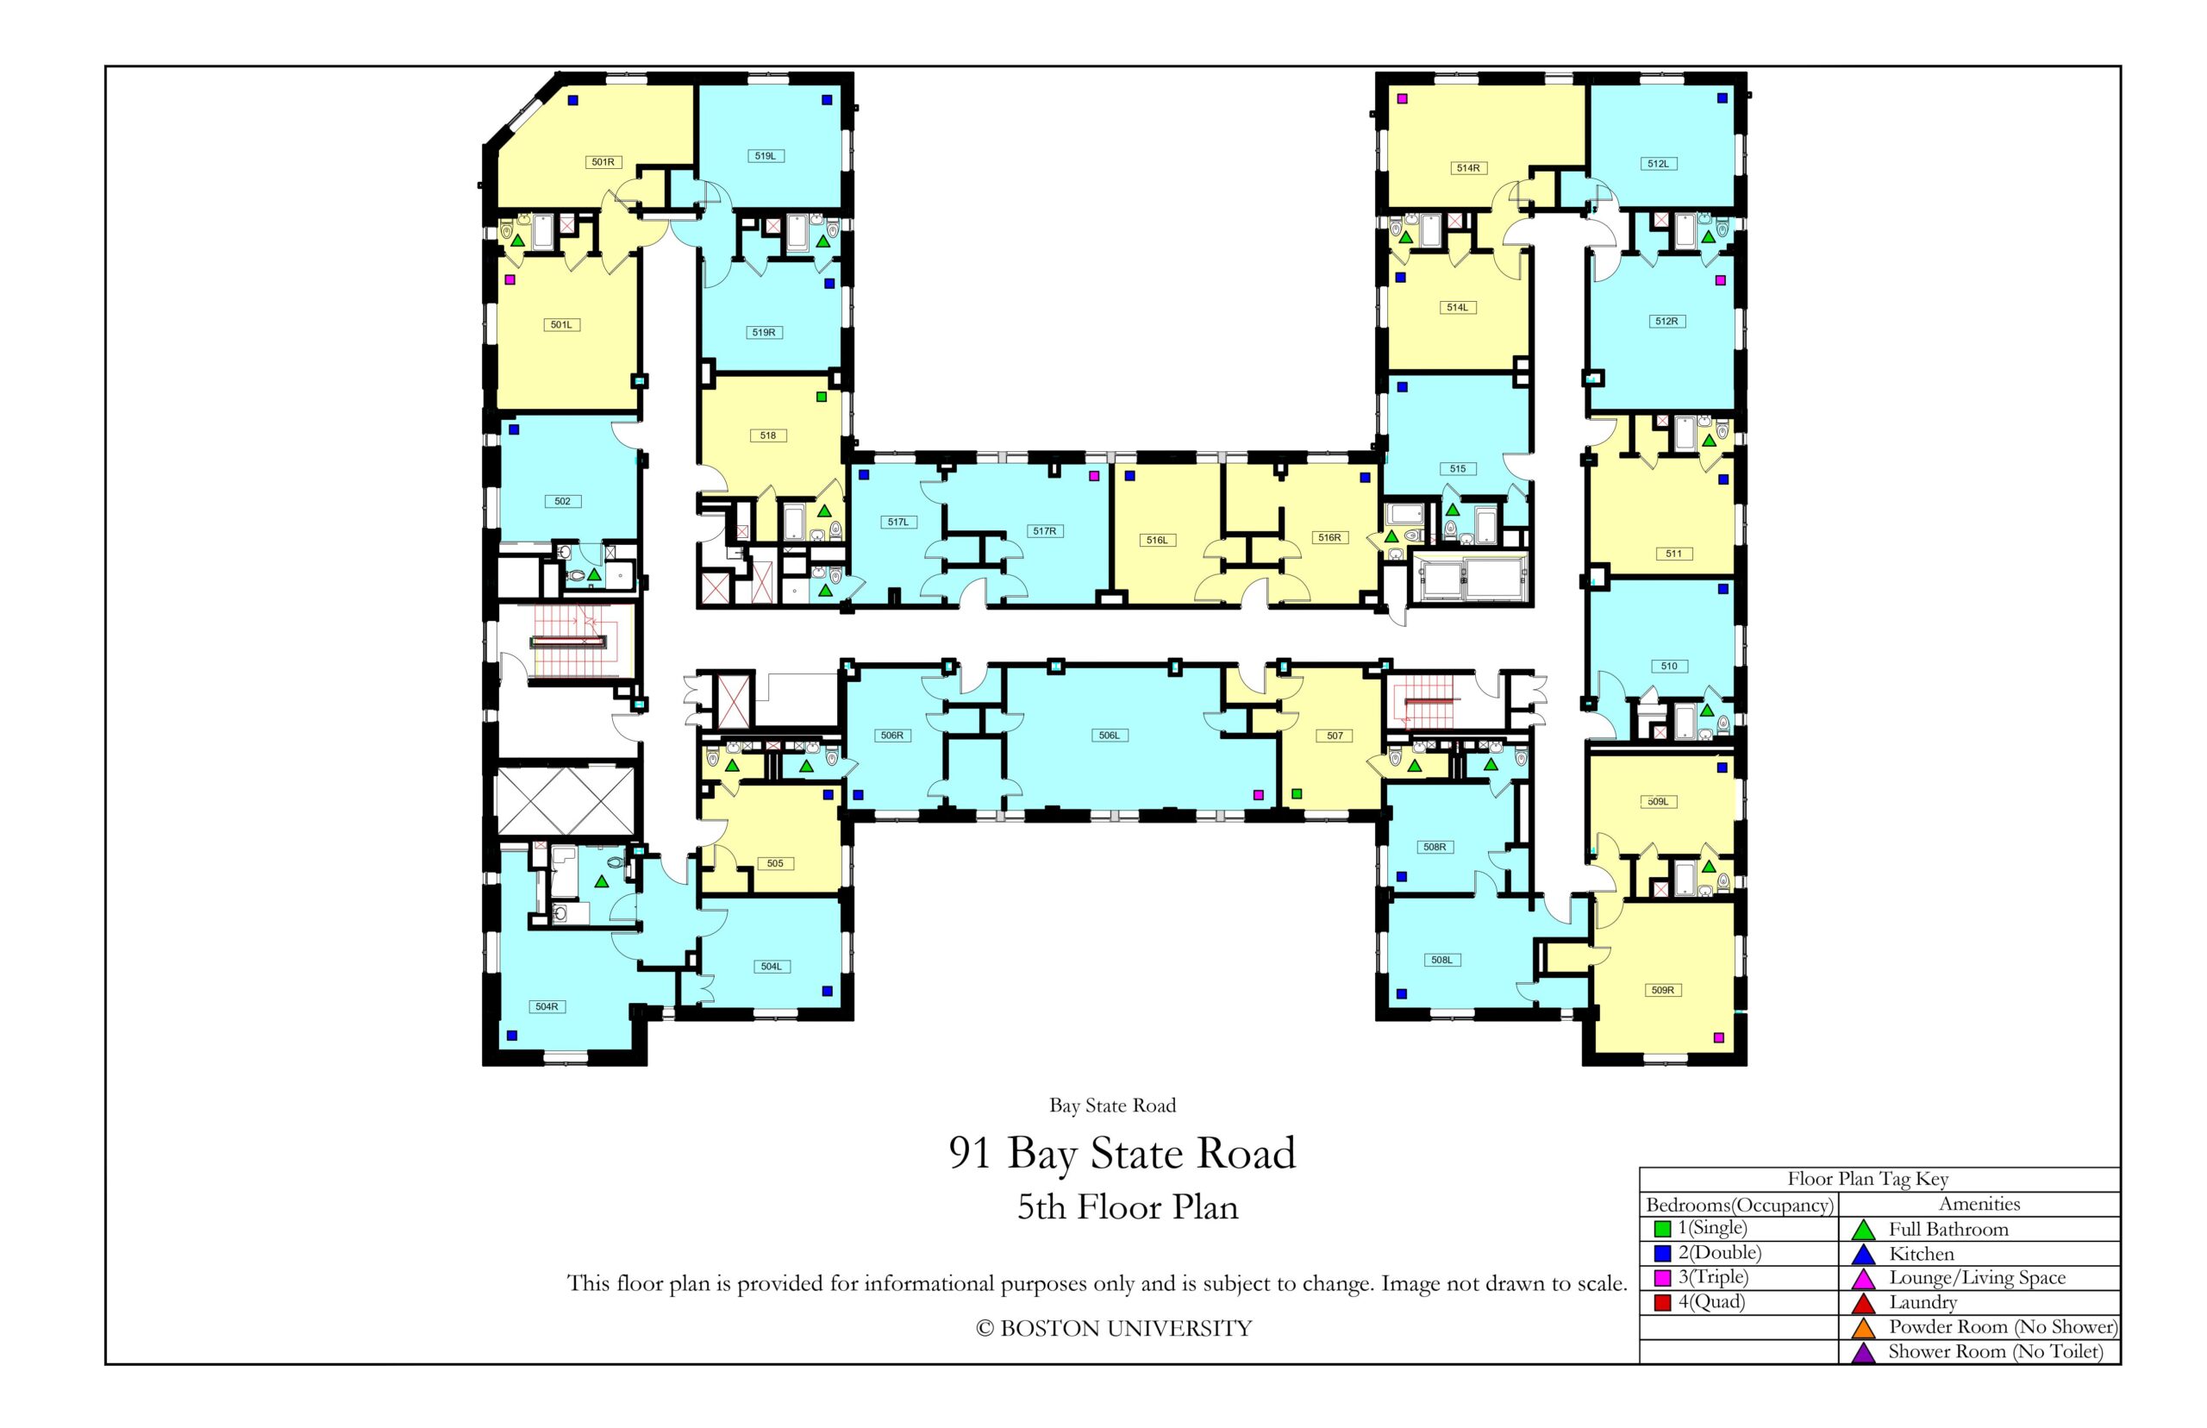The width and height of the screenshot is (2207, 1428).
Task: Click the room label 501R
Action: pos(603,162)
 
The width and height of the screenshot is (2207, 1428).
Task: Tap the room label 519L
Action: pos(765,156)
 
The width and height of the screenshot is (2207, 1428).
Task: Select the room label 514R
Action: pos(1467,168)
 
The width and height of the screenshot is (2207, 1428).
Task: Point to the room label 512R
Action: pos(1666,321)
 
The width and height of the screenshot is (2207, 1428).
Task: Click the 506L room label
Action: pos(1109,736)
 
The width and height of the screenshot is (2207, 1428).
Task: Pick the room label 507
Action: pos(1334,736)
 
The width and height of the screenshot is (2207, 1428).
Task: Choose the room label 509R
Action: pos(1663,989)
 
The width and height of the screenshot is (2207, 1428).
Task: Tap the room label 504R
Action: pos(546,1006)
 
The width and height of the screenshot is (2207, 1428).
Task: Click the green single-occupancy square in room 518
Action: pos(821,397)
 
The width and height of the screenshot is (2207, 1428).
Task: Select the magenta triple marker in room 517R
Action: pos(1094,476)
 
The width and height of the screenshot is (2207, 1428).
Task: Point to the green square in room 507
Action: pos(1296,793)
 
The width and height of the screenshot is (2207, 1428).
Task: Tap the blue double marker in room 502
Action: pos(514,429)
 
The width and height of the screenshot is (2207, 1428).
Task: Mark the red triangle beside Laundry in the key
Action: pos(1863,1304)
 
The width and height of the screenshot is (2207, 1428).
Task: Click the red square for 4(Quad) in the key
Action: pos(1662,1303)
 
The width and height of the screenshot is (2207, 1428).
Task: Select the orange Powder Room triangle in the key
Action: pos(1863,1328)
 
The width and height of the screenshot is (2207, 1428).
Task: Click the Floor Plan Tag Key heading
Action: pos(1867,1179)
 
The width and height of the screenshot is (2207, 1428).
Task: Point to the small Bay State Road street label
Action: pos(1112,1105)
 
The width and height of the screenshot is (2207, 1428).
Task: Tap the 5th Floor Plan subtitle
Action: pos(1127,1207)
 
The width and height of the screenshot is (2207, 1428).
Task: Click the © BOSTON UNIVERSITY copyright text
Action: pos(1113,1329)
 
